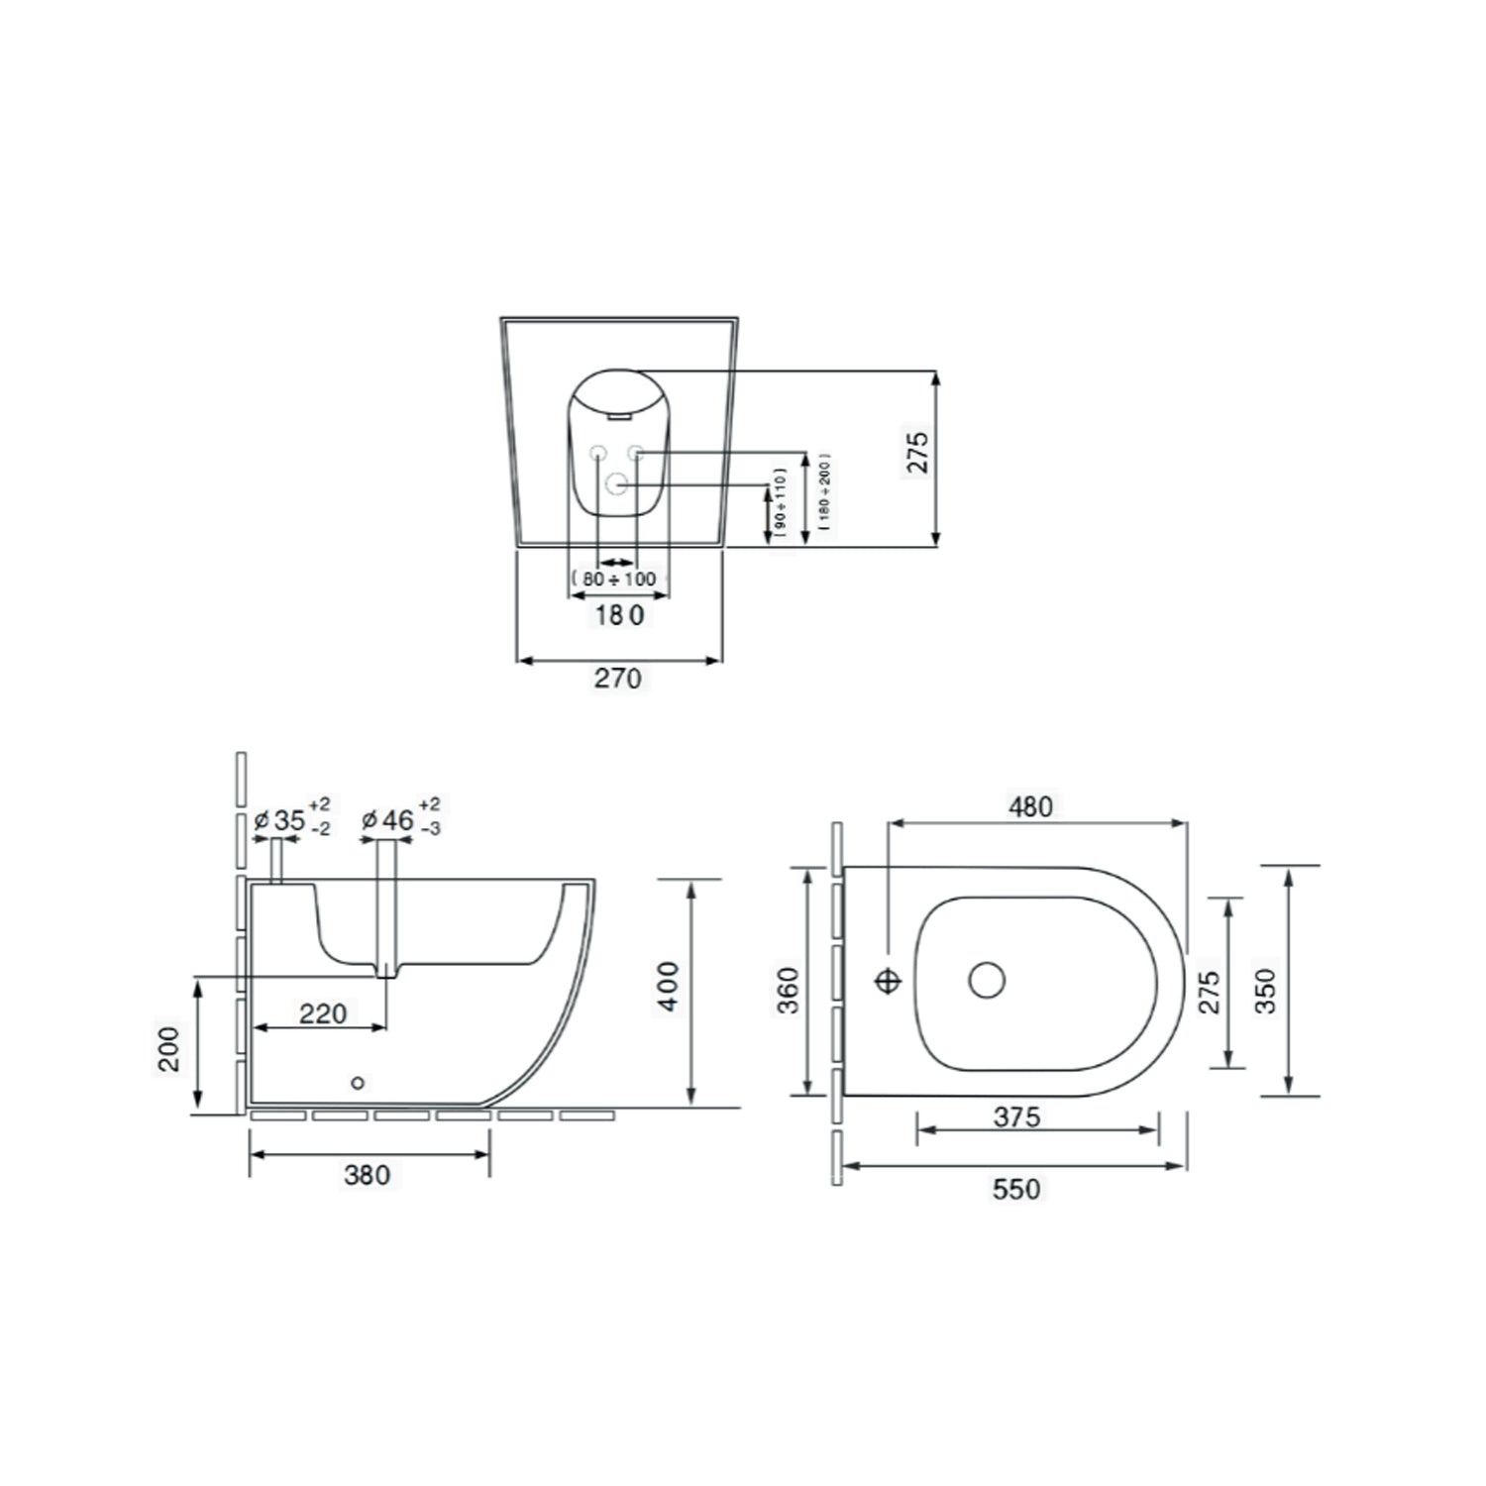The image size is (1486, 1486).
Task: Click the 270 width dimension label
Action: click(x=617, y=679)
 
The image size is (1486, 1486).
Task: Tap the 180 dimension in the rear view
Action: click(x=619, y=615)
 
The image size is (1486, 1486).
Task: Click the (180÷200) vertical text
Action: click(x=825, y=494)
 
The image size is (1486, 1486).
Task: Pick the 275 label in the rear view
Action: click(x=918, y=452)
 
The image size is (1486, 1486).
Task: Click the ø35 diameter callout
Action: click(x=291, y=820)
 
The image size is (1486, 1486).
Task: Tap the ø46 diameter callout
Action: click(x=400, y=820)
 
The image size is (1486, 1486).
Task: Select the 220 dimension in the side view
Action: click(x=324, y=1012)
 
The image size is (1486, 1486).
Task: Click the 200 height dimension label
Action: click(x=170, y=1048)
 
